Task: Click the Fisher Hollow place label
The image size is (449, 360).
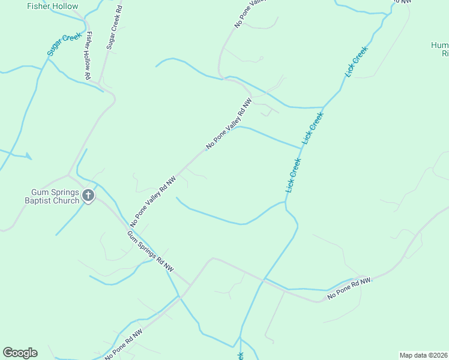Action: click(x=53, y=6)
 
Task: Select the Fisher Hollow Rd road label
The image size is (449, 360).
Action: click(x=87, y=55)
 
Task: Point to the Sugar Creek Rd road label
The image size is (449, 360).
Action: click(x=114, y=29)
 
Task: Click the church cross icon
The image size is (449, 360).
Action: click(x=88, y=195)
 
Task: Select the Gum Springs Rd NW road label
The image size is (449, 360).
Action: click(x=150, y=250)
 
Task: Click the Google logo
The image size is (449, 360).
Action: click(x=20, y=353)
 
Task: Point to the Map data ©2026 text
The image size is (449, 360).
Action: click(x=424, y=355)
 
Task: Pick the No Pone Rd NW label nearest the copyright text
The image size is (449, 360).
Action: click(x=349, y=289)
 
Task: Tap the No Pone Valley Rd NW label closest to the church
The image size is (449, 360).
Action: click(x=152, y=200)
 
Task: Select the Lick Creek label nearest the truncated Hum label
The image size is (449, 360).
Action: click(x=355, y=61)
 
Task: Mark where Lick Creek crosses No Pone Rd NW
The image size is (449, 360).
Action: click(x=262, y=279)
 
